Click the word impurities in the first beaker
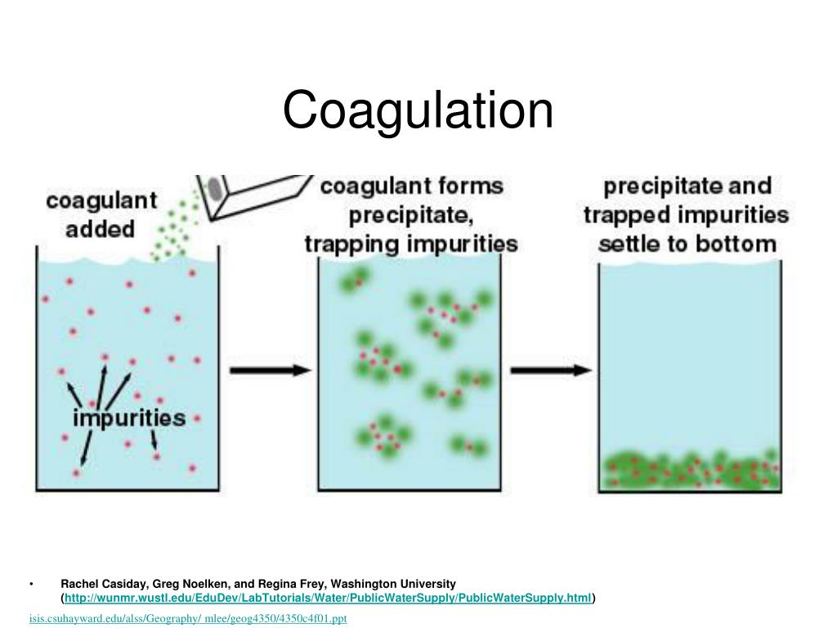[130, 417]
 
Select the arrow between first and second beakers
[270, 370]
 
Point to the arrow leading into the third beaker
[551, 370]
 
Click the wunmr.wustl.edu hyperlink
[327, 599]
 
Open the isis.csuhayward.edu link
[189, 618]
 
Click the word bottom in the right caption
[742, 244]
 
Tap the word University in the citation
[429, 584]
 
